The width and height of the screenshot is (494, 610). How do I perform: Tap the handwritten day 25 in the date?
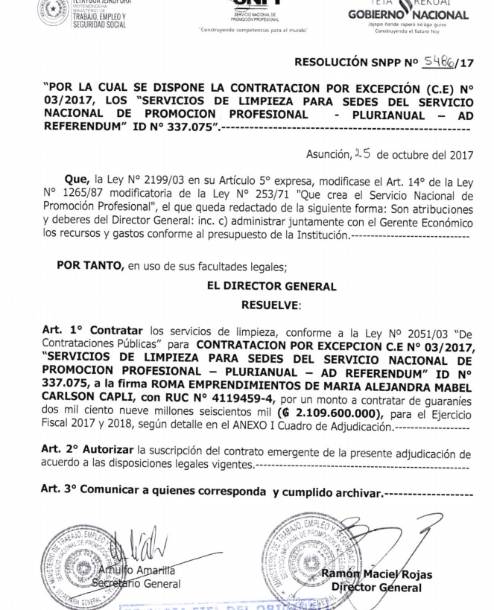click(x=362, y=154)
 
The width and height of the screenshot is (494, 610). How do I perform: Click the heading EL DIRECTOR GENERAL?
click(x=272, y=286)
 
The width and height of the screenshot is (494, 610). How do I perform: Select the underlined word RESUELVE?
click(x=270, y=305)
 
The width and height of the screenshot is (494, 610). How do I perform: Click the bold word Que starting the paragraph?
click(x=76, y=180)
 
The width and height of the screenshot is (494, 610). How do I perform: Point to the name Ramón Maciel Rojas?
click(x=377, y=574)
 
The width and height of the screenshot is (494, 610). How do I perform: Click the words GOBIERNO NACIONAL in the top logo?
click(x=408, y=14)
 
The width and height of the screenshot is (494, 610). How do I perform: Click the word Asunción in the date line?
click(x=327, y=155)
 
